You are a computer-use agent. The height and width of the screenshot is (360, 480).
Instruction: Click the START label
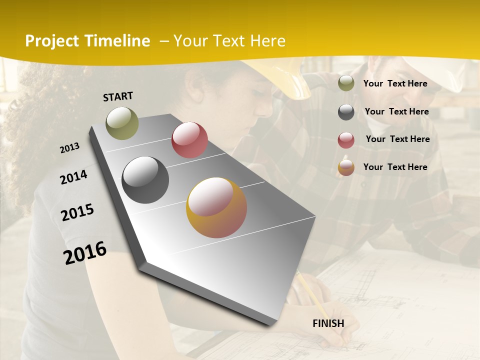tap(118, 96)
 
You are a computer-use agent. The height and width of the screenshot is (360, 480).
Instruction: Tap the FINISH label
tap(328, 323)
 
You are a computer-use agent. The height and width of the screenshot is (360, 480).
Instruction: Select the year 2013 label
tap(70, 148)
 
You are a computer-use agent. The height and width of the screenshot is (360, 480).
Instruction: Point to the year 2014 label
tap(73, 177)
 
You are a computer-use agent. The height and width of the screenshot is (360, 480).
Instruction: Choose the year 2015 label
tap(77, 212)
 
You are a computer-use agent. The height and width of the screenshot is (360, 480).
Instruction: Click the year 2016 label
tap(85, 253)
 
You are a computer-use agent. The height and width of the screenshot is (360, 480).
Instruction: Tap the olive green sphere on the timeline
tap(122, 123)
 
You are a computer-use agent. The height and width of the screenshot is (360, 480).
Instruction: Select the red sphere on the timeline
tap(189, 140)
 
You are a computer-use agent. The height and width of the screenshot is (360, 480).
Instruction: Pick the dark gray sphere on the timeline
tap(145, 180)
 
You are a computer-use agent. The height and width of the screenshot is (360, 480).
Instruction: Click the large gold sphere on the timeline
tap(216, 207)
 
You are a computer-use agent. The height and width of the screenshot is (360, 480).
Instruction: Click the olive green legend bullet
tap(346, 83)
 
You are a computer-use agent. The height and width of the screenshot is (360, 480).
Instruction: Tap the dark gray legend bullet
tap(346, 112)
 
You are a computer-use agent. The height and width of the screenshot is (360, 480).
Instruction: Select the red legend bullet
tap(346, 140)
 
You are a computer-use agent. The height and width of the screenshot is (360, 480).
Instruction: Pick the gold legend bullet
tap(346, 167)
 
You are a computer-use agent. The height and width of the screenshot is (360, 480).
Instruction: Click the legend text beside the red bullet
tap(397, 139)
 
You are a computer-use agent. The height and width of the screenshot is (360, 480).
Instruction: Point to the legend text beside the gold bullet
tap(395, 167)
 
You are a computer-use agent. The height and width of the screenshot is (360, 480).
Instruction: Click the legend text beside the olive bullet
tap(395, 83)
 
